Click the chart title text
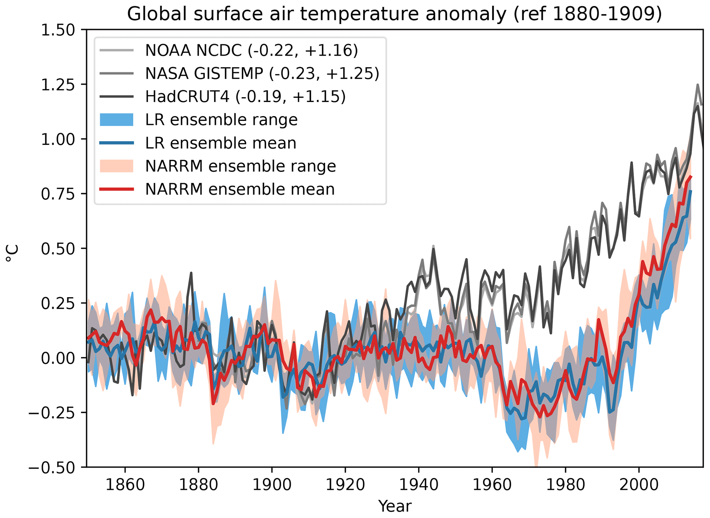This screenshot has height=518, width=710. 394,14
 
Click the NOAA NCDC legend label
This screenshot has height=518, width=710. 251,50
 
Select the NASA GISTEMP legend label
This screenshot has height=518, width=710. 262,74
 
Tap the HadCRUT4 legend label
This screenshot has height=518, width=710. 245,97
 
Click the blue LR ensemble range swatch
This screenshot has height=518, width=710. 116,120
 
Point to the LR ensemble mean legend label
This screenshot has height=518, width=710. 221,143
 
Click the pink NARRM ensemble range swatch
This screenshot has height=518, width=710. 116,166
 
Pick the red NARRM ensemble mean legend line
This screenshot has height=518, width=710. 116,189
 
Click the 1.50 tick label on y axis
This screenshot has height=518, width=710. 58,30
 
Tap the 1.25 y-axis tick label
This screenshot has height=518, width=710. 58,85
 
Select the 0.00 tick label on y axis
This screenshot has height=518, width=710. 58,358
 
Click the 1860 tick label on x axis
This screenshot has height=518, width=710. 125,485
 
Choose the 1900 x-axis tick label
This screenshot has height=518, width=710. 272,485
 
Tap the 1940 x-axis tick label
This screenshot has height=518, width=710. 419,485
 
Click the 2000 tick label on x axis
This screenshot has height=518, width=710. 639,485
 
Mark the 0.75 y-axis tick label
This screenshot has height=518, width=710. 58,194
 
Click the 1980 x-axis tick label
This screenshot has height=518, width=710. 565,485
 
